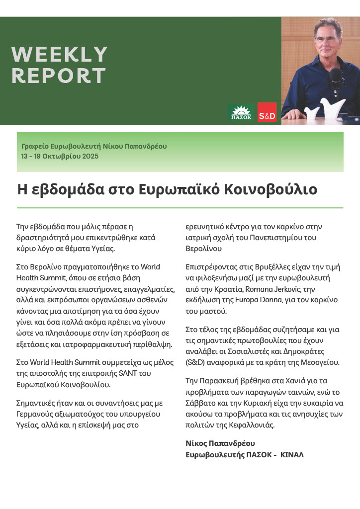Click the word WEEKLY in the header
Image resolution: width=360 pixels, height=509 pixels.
click(x=59, y=54)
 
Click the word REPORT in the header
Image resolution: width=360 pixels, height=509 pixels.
click(x=58, y=76)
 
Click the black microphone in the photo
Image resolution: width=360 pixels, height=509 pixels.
click(x=336, y=78)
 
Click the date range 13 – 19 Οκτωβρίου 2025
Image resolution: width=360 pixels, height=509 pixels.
click(x=60, y=156)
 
